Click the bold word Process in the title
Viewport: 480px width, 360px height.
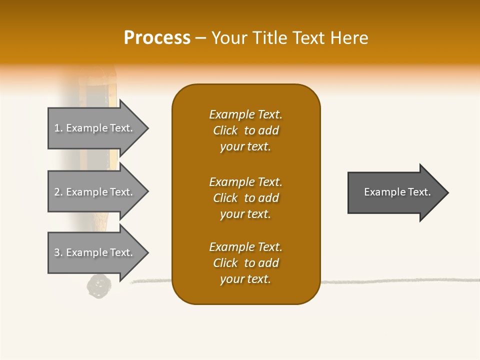tap(157, 38)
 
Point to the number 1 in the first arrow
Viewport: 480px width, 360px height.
tap(57, 128)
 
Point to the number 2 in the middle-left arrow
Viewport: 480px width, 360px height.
tap(57, 192)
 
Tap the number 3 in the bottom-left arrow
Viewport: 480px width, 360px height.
tap(57, 252)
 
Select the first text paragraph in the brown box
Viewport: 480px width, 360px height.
tap(245, 130)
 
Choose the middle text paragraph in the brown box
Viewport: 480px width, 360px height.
tap(245, 198)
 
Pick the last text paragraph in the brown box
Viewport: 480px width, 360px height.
tap(245, 263)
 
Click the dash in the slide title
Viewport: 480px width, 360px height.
tap(200, 38)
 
